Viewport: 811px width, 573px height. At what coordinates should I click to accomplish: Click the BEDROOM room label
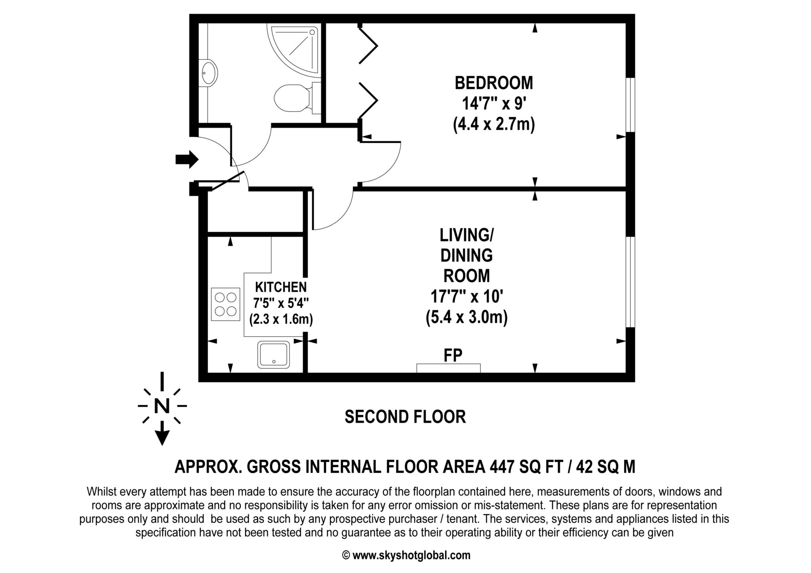coord(493,83)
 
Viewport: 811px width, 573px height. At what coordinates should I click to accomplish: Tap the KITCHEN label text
coord(280,286)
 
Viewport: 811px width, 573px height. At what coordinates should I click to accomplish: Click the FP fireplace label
coord(453,355)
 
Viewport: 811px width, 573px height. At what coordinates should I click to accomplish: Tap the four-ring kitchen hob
coord(226,304)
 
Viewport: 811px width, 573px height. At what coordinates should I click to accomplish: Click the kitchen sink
coord(274,355)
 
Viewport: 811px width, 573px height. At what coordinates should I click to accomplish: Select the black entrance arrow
coord(187,159)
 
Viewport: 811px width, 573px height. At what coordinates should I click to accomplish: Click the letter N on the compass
coord(162,406)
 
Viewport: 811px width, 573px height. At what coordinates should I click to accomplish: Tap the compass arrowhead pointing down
coord(162,438)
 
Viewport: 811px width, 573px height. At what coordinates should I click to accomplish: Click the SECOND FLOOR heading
coord(405,417)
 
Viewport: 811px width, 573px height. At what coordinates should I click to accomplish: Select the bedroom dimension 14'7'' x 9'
coord(493,104)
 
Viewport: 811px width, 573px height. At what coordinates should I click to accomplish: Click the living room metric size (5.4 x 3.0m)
coord(466,317)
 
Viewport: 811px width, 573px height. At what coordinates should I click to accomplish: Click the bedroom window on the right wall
coord(630,104)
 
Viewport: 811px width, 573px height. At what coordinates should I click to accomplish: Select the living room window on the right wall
coord(630,282)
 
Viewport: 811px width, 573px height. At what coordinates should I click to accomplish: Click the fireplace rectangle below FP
coord(448,368)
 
